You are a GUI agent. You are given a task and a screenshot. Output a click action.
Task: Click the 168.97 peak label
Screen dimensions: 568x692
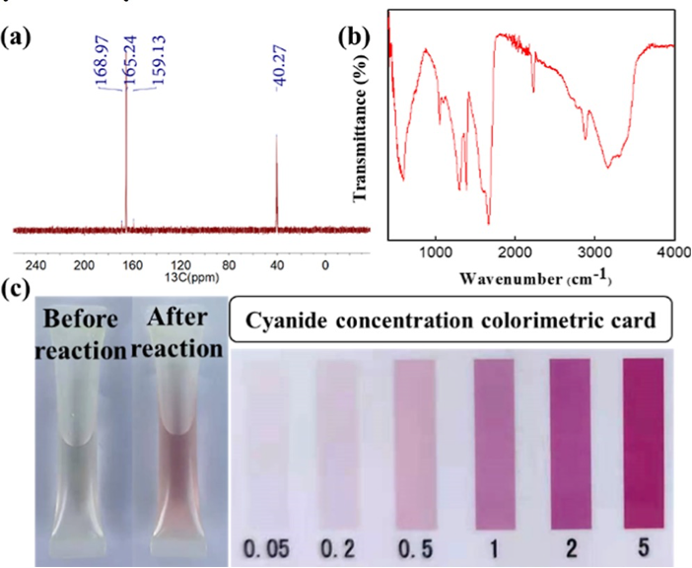click(101, 64)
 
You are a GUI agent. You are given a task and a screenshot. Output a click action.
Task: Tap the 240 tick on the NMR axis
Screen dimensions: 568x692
click(35, 264)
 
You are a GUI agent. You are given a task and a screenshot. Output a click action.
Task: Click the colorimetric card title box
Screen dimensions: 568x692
click(450, 321)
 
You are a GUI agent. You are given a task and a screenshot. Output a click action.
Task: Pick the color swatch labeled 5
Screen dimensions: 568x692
click(644, 442)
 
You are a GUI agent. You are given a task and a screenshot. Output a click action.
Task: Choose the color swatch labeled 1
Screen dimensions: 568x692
click(495, 442)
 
